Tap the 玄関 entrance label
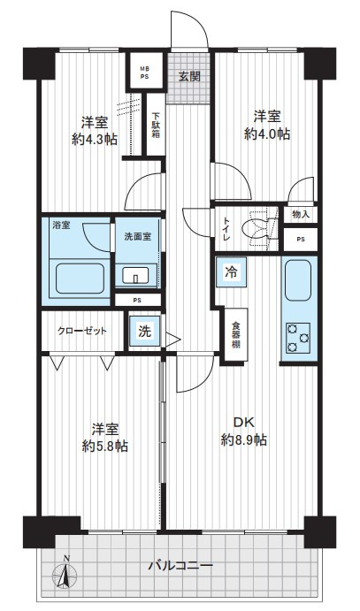coord(189,76)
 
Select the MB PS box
coord(144,73)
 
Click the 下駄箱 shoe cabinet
coord(156,125)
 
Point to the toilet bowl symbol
coord(258,229)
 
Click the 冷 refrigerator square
coord(232,272)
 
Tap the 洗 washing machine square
coord(144,331)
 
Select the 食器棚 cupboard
coord(235,335)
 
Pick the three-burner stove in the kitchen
coord(298,338)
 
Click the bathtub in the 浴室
coord(80,279)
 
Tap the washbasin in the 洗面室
coord(135,276)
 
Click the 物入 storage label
coord(301,214)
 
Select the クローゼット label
coord(82,332)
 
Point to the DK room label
coord(244,422)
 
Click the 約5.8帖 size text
coord(104,446)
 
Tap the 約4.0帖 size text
coord(267,134)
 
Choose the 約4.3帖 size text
coord(95,140)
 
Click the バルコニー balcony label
coord(180,565)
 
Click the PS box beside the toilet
coord(301,240)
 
